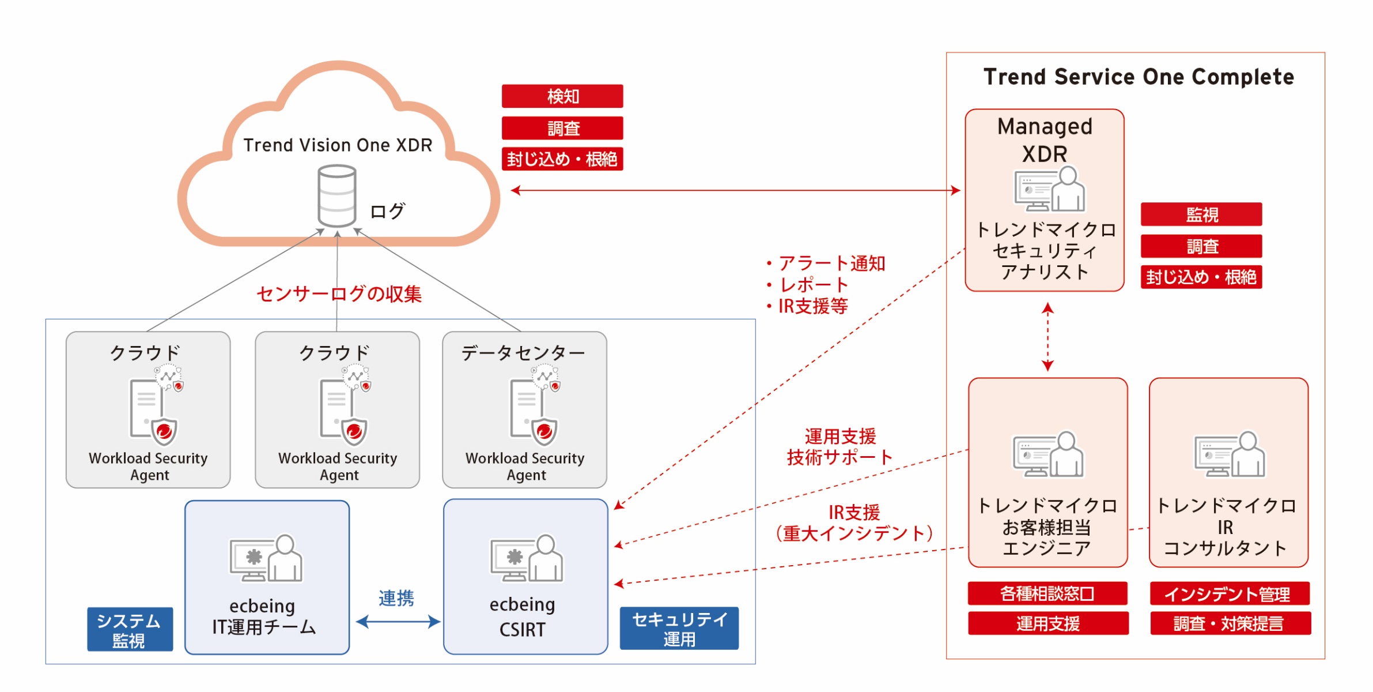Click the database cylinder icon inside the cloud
(x=336, y=195)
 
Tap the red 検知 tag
(x=562, y=96)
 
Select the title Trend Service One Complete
(x=1139, y=77)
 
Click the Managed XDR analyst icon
(x=1049, y=189)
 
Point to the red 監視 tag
(x=1201, y=215)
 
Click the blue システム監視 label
(x=130, y=629)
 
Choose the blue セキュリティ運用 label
(x=679, y=629)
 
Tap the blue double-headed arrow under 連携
(x=398, y=622)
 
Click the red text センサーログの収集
(x=339, y=294)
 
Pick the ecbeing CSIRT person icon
(x=527, y=558)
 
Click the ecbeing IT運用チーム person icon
(x=266, y=558)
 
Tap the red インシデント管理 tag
(x=1230, y=593)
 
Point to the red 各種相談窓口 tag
(x=1047, y=593)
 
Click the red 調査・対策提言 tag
(x=1230, y=623)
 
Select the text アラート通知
(x=831, y=264)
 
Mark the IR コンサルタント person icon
(x=1230, y=454)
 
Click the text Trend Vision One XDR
(x=338, y=145)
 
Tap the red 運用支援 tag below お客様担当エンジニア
(x=1047, y=623)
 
